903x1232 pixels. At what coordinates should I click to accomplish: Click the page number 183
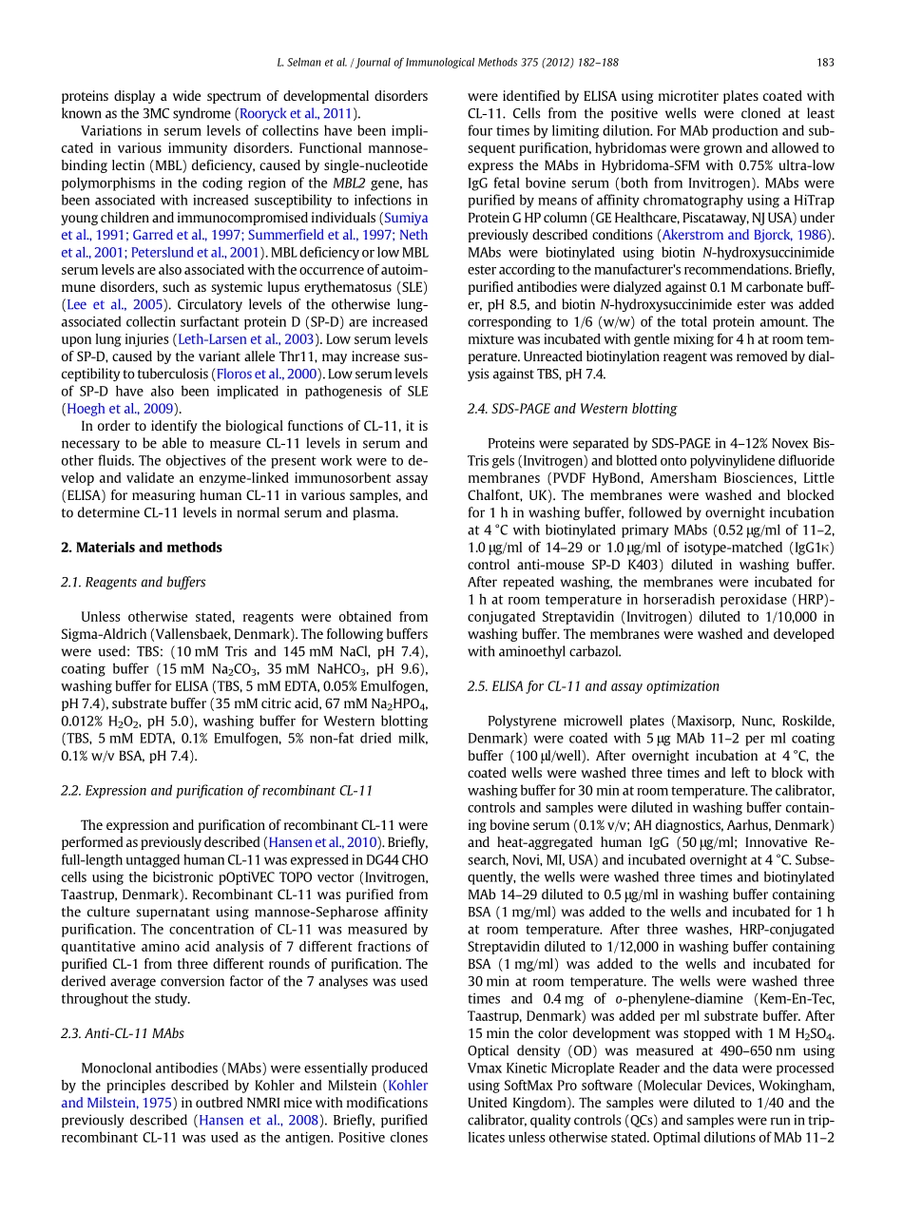click(824, 63)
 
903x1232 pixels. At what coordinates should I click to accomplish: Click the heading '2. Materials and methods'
click(142, 548)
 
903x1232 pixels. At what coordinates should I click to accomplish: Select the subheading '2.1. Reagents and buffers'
click(133, 582)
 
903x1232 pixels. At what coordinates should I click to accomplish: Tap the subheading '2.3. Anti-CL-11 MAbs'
click(123, 1033)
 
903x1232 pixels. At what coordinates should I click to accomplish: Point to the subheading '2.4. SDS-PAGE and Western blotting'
click(572, 409)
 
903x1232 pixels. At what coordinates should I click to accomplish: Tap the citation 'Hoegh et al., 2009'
click(121, 409)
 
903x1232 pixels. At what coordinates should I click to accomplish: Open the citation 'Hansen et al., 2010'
click(322, 842)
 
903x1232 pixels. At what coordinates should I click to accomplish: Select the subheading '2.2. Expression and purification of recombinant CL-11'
click(217, 791)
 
